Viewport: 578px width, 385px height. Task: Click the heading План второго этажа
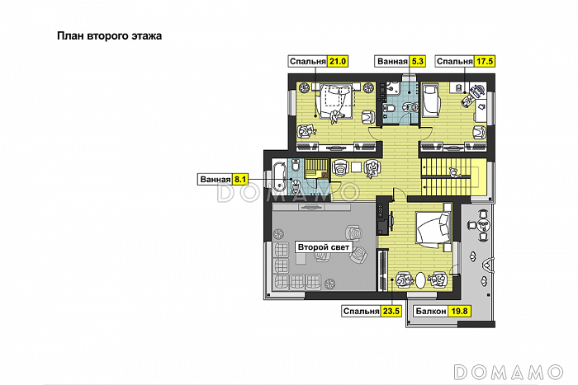coord(110,36)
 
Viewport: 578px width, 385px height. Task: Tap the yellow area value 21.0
coord(337,61)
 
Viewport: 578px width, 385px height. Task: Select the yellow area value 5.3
coord(417,61)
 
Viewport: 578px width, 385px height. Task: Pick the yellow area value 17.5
coord(485,61)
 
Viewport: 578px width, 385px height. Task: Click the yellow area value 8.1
coord(240,179)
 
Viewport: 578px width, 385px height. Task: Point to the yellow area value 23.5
coord(391,311)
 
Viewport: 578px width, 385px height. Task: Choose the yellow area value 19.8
coord(459,311)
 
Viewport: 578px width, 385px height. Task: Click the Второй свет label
coord(324,247)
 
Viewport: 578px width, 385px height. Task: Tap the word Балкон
coord(430,312)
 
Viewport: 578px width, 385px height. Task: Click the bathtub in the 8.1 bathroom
coord(279,177)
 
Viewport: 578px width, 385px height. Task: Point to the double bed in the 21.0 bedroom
coord(335,100)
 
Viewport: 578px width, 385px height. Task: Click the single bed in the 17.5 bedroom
coord(431,100)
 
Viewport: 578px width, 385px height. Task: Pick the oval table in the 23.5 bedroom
coord(420,280)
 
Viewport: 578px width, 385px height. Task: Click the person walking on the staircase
coord(454,172)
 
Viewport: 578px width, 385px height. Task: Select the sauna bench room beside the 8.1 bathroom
coord(316,168)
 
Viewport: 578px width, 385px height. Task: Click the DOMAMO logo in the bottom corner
coord(509,372)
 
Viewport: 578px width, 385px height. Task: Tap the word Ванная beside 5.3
coord(392,62)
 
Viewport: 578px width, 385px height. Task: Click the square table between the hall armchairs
coord(356,167)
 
